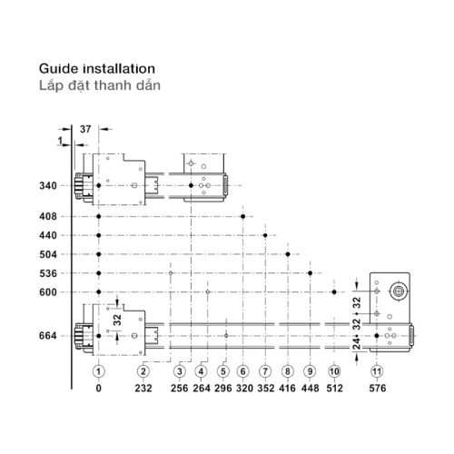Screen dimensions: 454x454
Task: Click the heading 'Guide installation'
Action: [x=97, y=69]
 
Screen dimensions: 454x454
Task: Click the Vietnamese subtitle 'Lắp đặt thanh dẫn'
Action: [x=100, y=85]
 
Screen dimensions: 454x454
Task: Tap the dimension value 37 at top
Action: [x=85, y=129]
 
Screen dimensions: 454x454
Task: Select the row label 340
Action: [x=48, y=185]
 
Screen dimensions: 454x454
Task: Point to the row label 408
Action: [x=48, y=216]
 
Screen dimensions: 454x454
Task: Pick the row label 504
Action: [x=48, y=254]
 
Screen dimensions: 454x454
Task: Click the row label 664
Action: [x=48, y=336]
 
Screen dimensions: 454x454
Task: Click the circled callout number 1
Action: [x=98, y=371]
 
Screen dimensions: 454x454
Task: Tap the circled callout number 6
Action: [x=242, y=371]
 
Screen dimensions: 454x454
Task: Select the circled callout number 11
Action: [x=377, y=371]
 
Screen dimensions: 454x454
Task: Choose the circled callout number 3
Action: [x=180, y=371]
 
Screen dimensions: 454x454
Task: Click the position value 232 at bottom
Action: [x=143, y=388]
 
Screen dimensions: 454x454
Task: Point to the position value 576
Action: [x=378, y=388]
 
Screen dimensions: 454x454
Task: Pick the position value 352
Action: [x=266, y=388]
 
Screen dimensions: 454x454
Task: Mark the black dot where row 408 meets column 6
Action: [x=242, y=216]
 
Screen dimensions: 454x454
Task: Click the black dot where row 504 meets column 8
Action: [x=288, y=254]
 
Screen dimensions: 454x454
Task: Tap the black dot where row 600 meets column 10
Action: [x=334, y=292]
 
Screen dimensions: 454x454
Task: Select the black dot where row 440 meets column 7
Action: [x=265, y=235]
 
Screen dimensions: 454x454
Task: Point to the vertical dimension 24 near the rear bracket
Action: [x=357, y=344]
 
